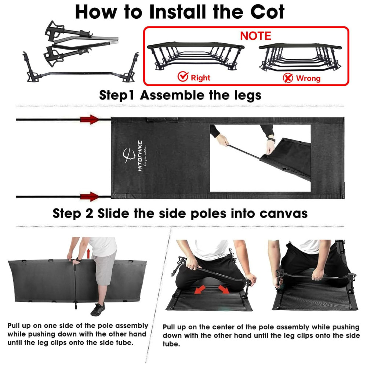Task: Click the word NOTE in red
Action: click(255, 36)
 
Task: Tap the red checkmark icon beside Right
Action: click(183, 76)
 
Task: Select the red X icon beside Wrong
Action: click(288, 78)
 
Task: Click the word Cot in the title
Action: click(267, 12)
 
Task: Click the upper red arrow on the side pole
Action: click(90, 119)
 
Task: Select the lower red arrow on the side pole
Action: click(90, 197)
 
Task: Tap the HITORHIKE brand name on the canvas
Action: click(140, 156)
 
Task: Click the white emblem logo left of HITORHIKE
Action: click(129, 156)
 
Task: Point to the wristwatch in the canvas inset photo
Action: click(272, 140)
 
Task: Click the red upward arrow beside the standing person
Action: click(88, 254)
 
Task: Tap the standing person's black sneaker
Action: click(98, 309)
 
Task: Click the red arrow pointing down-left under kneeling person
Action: click(200, 289)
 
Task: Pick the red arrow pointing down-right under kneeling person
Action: click(224, 290)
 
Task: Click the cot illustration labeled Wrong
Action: click(300, 57)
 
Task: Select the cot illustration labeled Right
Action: click(196, 56)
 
